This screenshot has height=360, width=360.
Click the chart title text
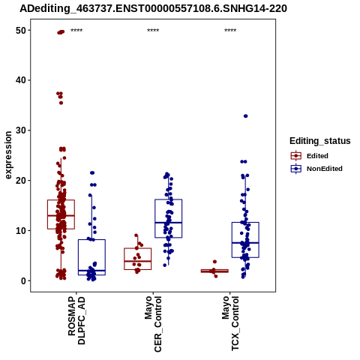pyautogui.click(x=153, y=9)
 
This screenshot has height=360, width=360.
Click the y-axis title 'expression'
pyautogui.click(x=8, y=155)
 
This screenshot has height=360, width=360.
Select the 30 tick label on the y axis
pyautogui.click(x=21, y=130)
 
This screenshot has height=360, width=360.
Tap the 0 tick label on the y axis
pyautogui.click(x=24, y=281)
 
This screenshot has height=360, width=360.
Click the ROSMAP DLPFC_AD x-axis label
pyautogui.click(x=76, y=320)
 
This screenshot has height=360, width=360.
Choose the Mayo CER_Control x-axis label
pyautogui.click(x=153, y=324)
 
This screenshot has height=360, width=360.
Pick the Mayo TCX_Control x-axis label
pyautogui.click(x=230, y=323)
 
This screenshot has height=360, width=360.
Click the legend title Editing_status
pyautogui.click(x=320, y=141)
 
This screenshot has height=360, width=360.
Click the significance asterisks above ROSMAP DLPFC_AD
pyautogui.click(x=76, y=31)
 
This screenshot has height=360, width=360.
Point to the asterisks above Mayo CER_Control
pyautogui.click(x=153, y=31)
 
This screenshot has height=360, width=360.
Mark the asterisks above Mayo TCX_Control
pyautogui.click(x=230, y=31)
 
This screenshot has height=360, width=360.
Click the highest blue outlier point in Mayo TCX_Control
pyautogui.click(x=245, y=116)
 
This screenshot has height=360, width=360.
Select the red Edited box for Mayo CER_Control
pyautogui.click(x=138, y=259)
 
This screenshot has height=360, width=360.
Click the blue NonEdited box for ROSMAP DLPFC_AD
pyautogui.click(x=91, y=257)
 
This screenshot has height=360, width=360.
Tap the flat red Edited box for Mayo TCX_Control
pyautogui.click(x=214, y=271)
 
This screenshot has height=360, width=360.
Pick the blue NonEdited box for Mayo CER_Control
pyautogui.click(x=169, y=218)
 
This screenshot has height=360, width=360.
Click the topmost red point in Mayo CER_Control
pyautogui.click(x=136, y=235)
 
